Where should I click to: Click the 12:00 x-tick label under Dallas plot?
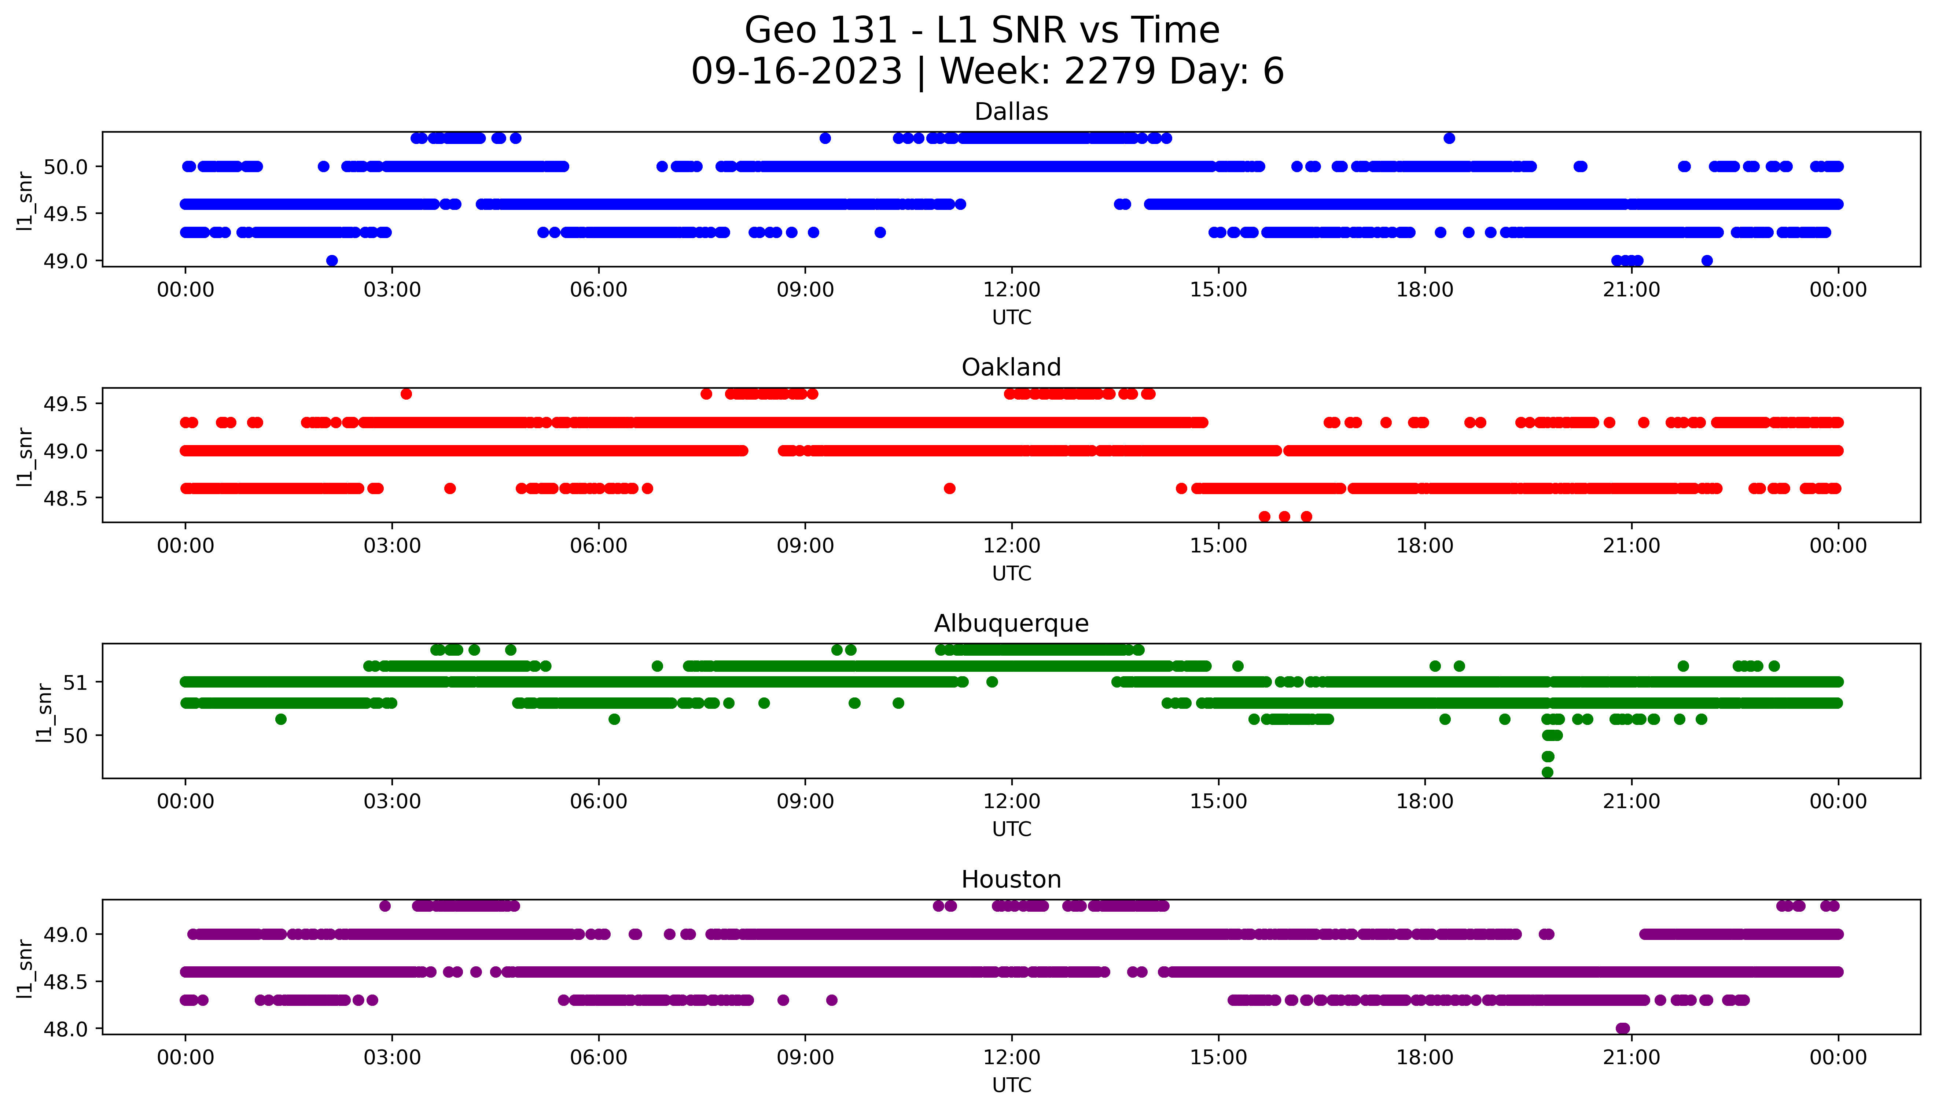tap(1011, 290)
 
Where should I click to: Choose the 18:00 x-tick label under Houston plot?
tap(1425, 1058)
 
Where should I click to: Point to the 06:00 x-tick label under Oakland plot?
tap(599, 547)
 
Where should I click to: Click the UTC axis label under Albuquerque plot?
tap(1011, 829)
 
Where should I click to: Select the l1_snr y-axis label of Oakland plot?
tap(25, 456)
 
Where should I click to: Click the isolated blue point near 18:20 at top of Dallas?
tap(1449, 138)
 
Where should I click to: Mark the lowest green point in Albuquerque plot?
tap(1547, 772)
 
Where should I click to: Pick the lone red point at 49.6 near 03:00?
tap(406, 394)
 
